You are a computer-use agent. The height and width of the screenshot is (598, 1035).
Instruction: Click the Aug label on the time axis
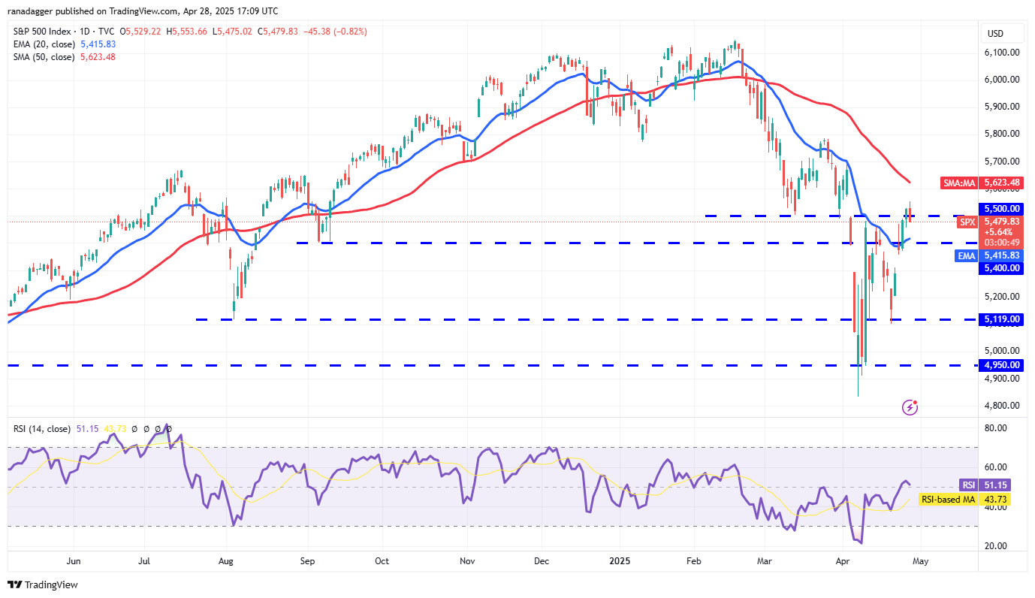tap(226, 560)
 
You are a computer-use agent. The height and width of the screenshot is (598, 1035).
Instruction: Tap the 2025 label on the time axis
tap(620, 560)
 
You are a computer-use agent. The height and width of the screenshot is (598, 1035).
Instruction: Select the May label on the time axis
tap(921, 560)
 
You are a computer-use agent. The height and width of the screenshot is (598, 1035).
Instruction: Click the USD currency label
tap(995, 33)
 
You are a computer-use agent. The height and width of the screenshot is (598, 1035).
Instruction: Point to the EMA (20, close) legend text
tap(44, 44)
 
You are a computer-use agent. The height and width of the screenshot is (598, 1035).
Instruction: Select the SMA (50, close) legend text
tap(44, 57)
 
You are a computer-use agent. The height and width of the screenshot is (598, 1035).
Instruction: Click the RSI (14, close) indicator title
tap(42, 429)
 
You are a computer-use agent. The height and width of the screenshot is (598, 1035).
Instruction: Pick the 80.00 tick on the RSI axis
tap(996, 428)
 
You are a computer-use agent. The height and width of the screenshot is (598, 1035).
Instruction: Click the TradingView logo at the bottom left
tap(43, 584)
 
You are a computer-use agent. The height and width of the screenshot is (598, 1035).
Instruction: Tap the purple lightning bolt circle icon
tap(910, 407)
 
